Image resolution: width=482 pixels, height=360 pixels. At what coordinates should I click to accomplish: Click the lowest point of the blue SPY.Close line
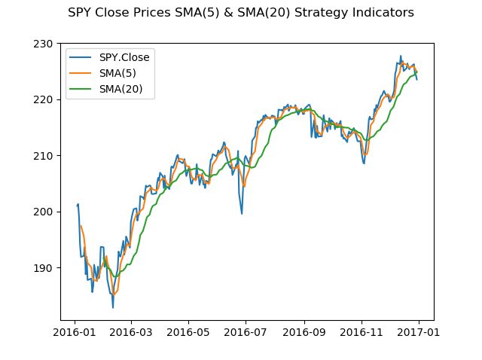coord(113,307)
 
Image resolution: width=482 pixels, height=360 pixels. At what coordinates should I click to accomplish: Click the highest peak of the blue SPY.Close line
coord(401,56)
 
